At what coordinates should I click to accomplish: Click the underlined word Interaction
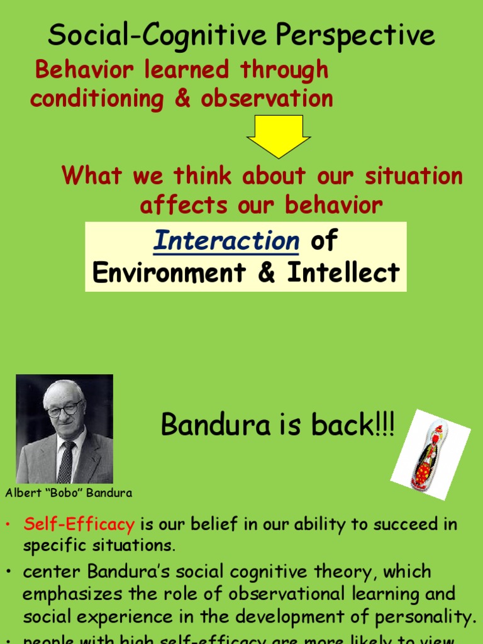pos(226,241)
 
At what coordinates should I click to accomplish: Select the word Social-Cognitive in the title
pos(150,35)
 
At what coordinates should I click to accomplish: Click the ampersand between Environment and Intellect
pos(267,273)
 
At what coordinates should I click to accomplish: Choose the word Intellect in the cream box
pos(343,273)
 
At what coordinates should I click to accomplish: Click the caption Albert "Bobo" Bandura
pos(69,493)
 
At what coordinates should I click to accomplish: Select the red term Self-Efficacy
pos(79,524)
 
